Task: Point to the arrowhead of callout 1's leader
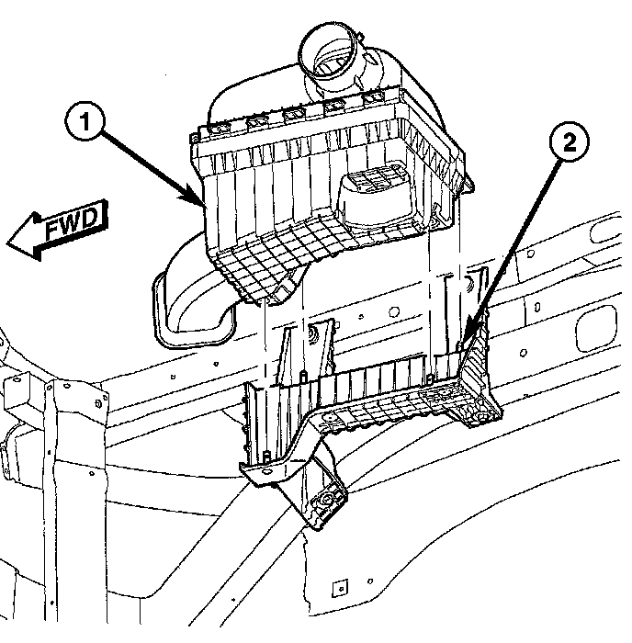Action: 197,200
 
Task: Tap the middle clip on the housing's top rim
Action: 294,115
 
